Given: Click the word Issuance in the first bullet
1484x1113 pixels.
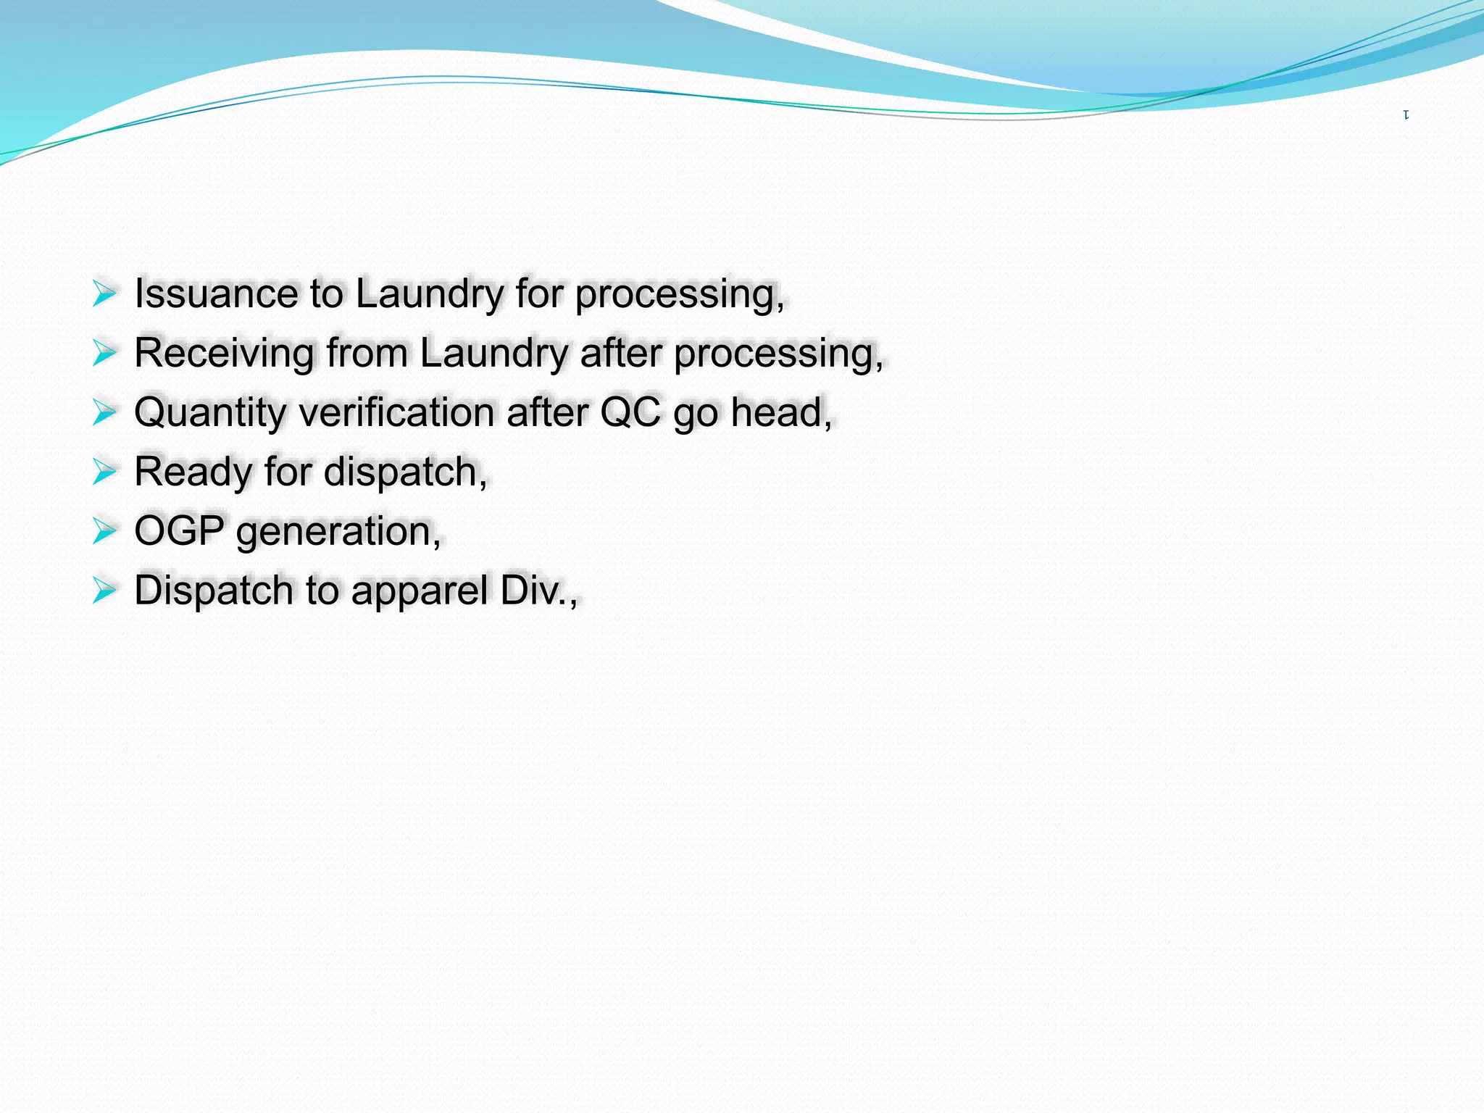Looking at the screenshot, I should (x=216, y=294).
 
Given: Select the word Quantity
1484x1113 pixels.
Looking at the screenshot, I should (x=210, y=413).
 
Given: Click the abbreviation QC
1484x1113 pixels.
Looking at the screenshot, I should (x=630, y=413).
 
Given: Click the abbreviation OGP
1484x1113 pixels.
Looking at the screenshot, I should (x=179, y=531).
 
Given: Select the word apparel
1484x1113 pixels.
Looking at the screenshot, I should (x=419, y=591).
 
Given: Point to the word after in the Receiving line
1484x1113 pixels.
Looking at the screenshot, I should (x=621, y=354).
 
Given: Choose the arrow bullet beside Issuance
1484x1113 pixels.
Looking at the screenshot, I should (x=104, y=294).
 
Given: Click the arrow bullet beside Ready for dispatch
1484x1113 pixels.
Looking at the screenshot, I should (x=104, y=472).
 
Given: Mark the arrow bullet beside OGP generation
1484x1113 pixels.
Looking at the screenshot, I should (x=104, y=531).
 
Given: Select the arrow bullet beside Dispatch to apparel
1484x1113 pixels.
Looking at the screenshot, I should (x=104, y=591).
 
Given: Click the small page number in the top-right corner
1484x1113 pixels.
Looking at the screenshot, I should (x=1406, y=114).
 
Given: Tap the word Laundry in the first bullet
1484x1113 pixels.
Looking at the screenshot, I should (x=429, y=294).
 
